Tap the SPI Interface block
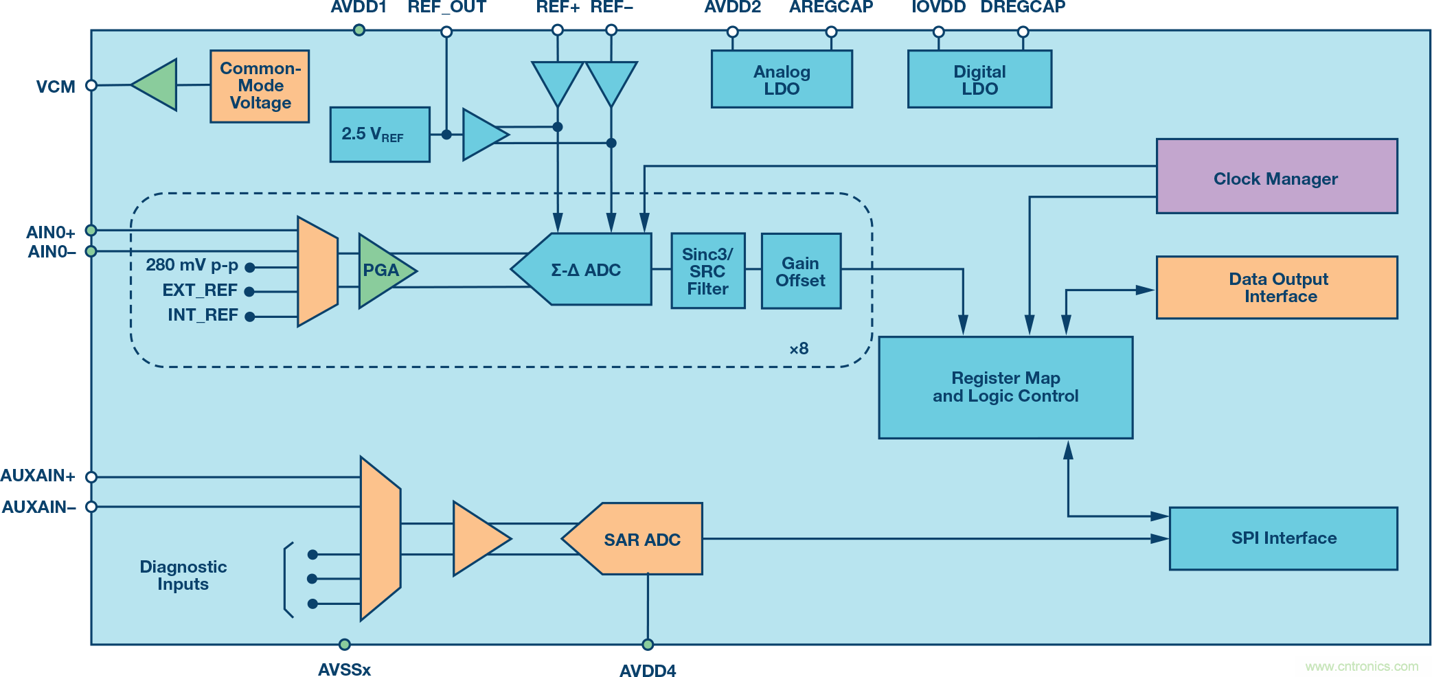pyautogui.click(x=1283, y=538)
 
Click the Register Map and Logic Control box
pyautogui.click(x=1005, y=387)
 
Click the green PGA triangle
pyautogui.click(x=382, y=271)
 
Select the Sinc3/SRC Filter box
pyautogui.click(x=708, y=271)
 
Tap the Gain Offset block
pyautogui.click(x=801, y=271)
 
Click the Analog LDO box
pyautogui.click(x=782, y=79)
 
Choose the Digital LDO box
pyautogui.click(x=979, y=79)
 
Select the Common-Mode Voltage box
pyautogui.click(x=260, y=87)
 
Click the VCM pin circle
pyautogui.click(x=91, y=86)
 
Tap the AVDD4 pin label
pyautogui.click(x=648, y=670)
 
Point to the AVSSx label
pyautogui.click(x=344, y=669)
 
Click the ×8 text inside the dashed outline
pyautogui.click(x=799, y=349)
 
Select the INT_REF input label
pyautogui.click(x=203, y=315)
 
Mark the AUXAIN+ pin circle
pyautogui.click(x=91, y=477)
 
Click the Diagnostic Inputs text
pyautogui.click(x=183, y=575)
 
